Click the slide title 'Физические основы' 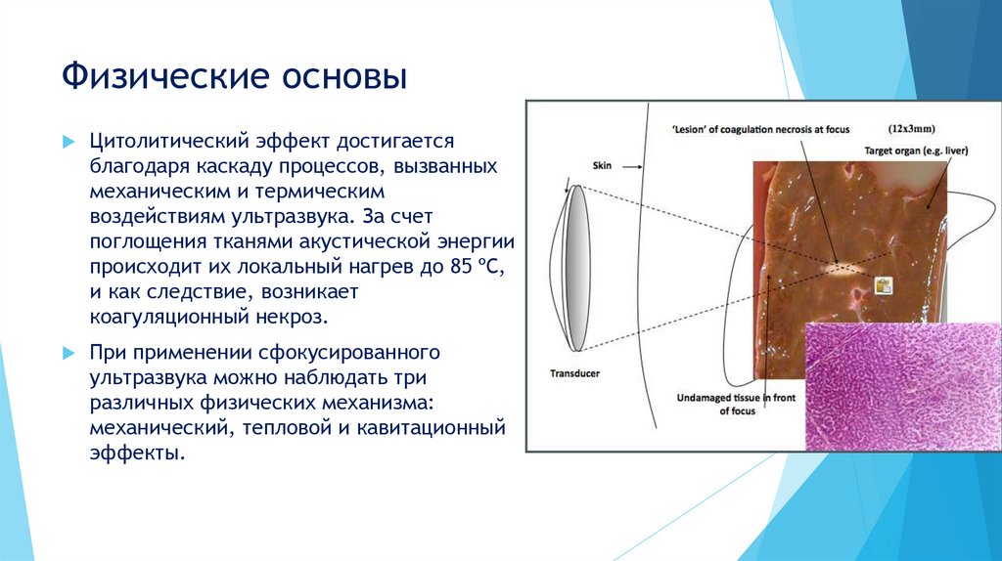click(235, 76)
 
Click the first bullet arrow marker click(68, 143)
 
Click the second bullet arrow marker click(68, 351)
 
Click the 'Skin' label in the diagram click(603, 166)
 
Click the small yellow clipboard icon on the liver click(884, 285)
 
